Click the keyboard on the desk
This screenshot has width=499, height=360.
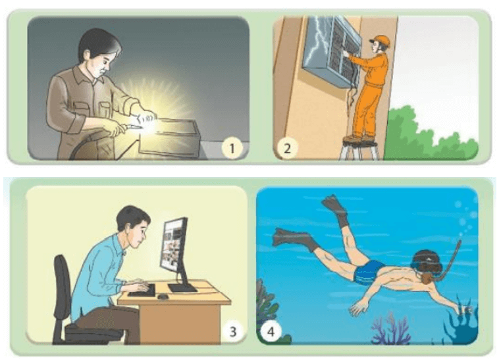point(142,289)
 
